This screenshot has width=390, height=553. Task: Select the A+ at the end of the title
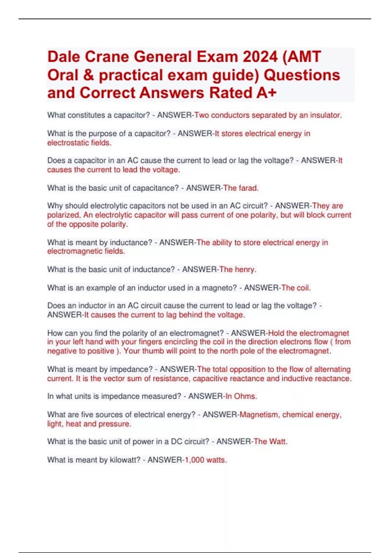click(x=266, y=93)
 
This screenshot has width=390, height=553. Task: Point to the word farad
click(x=248, y=188)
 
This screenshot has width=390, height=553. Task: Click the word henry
click(x=245, y=269)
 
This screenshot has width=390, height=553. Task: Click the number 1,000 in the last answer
click(x=195, y=460)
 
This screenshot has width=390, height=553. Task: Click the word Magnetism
click(x=259, y=415)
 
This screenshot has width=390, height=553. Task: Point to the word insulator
click(x=325, y=115)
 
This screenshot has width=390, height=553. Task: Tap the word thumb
click(x=153, y=351)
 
